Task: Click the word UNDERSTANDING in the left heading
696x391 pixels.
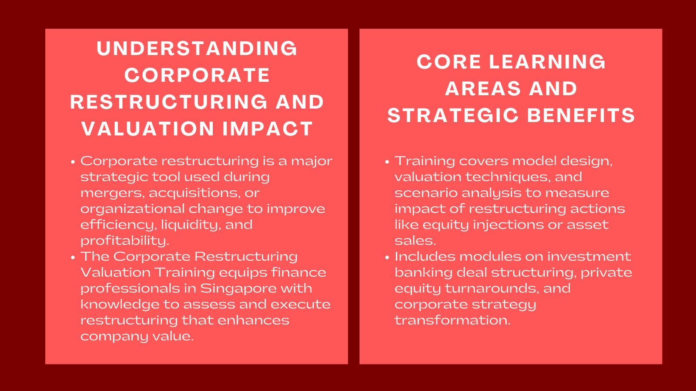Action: click(197, 48)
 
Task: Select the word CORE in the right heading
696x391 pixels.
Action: click(448, 62)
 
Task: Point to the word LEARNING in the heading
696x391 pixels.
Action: click(547, 62)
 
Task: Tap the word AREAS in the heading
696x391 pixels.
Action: click(483, 89)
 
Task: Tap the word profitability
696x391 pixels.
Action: click(124, 241)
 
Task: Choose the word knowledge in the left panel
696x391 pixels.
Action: click(120, 304)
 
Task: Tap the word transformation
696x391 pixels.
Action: click(452, 320)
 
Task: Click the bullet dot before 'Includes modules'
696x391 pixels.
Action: click(387, 257)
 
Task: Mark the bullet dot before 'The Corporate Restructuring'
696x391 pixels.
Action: click(73, 257)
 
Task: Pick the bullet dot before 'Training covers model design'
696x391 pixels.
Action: click(387, 162)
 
